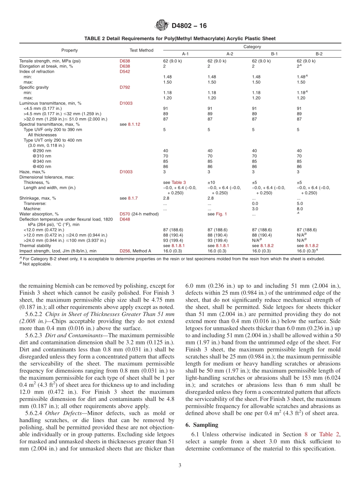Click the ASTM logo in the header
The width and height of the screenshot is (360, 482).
tap(162, 26)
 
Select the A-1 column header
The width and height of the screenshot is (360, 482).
tap(185, 54)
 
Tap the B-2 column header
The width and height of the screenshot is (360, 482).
tap(319, 54)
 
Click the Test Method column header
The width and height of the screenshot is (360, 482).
tap(141, 50)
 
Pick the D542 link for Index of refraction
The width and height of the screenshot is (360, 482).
tap(125, 71)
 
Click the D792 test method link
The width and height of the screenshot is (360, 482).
tap(125, 87)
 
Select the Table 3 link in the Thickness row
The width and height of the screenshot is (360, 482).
tap(179, 182)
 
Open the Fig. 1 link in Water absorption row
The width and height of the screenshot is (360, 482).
tap(221, 214)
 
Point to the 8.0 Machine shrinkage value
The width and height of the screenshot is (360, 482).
tap(300, 209)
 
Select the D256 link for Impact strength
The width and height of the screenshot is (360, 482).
tap(125, 251)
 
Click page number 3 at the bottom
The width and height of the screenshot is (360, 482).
tap(180, 465)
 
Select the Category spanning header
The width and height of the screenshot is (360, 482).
tap(252, 47)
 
